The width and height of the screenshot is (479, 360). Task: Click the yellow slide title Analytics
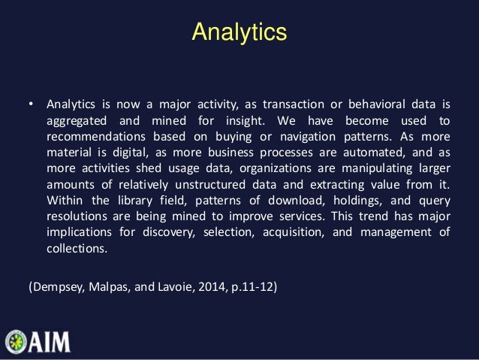tap(239, 32)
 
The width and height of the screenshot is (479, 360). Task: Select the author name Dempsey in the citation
tap(57, 287)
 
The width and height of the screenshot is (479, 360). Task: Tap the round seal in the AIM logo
tap(16, 342)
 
